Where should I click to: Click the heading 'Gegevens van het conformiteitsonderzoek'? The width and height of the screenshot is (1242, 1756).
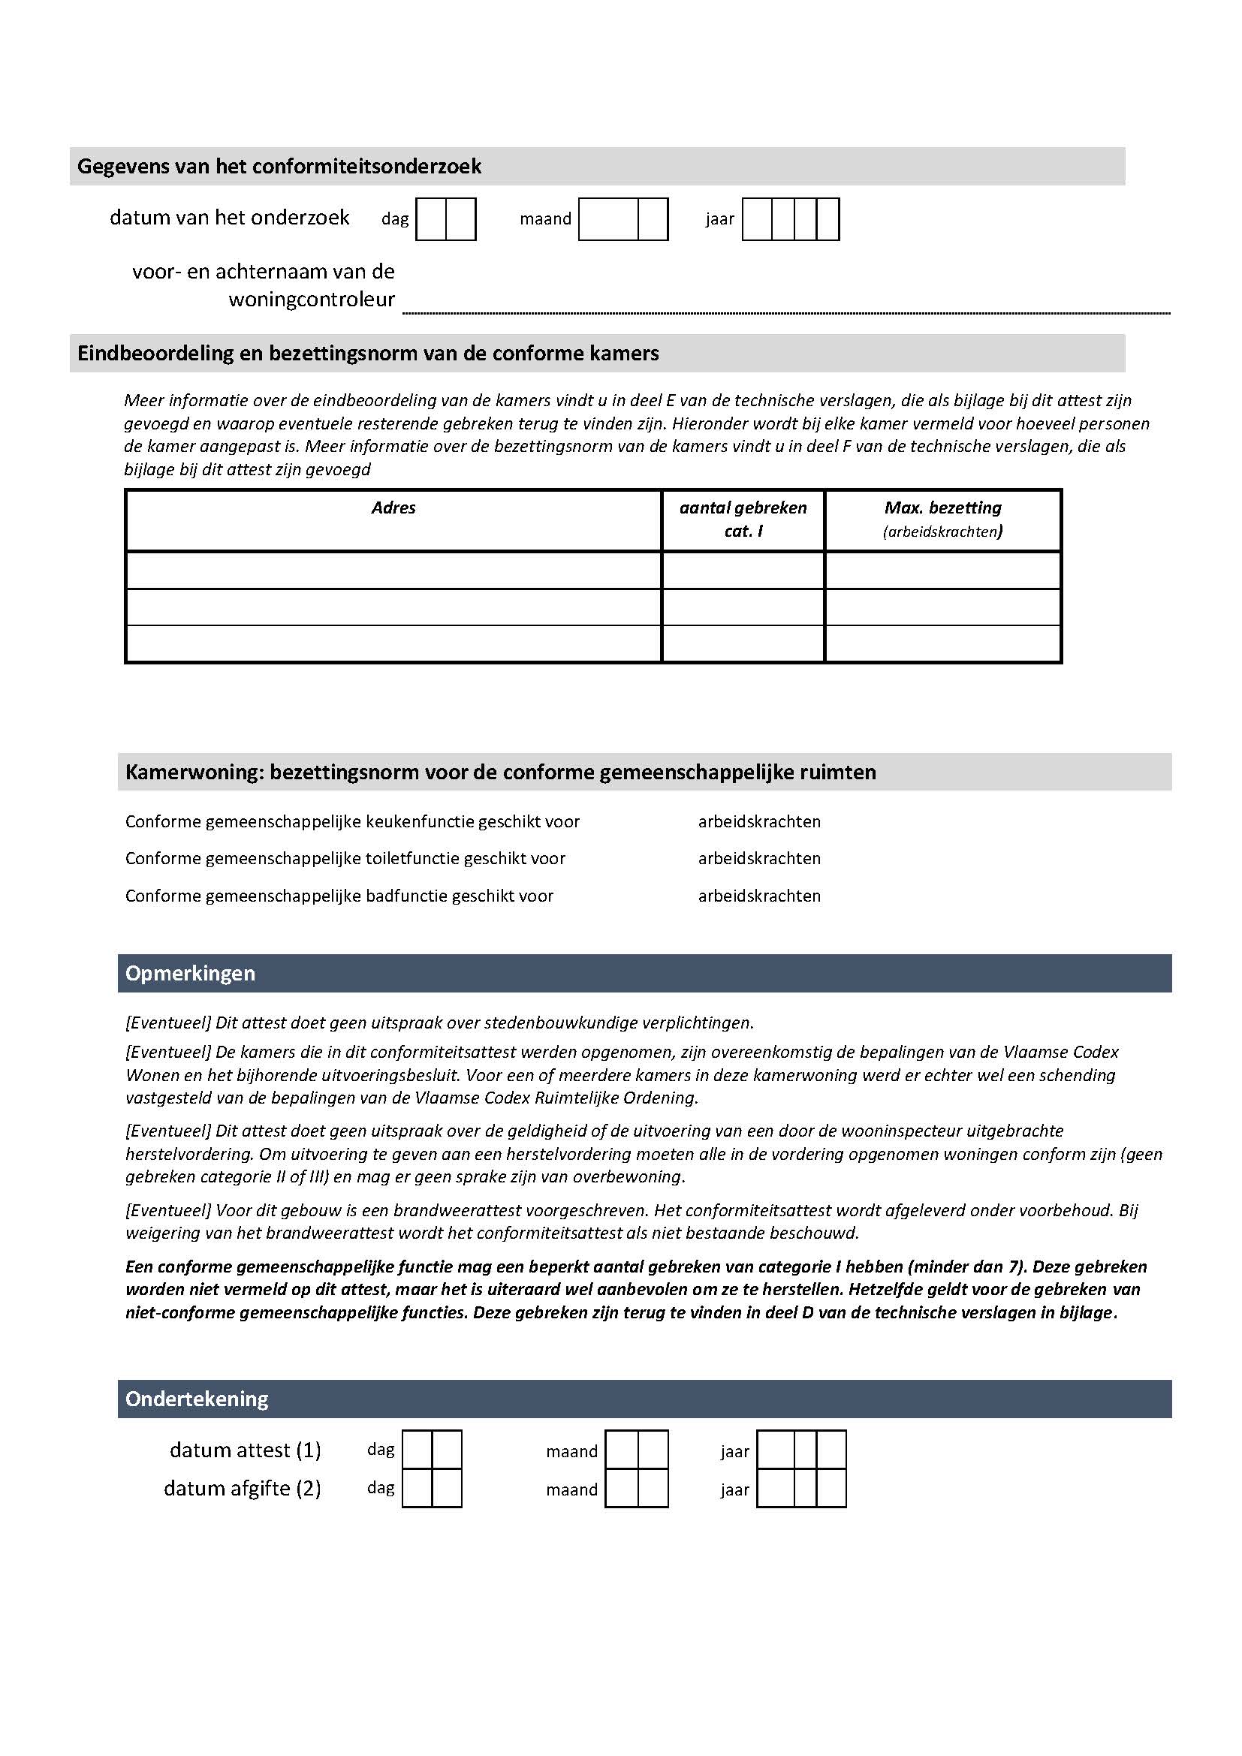279,166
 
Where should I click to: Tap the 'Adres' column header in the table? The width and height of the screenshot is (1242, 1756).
393,508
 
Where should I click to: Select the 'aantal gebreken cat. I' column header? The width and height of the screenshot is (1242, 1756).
743,520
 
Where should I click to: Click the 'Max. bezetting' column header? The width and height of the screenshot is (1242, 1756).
942,508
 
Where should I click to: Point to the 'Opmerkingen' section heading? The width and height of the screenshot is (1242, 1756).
191,974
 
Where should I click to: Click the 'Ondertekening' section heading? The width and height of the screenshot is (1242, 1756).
197,1399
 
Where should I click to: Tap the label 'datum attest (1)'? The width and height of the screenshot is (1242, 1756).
245,1450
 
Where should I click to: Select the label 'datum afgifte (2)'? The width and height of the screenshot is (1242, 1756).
242,1488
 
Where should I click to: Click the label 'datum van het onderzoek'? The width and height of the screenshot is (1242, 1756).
230,218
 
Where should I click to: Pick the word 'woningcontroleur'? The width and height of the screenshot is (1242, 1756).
312,299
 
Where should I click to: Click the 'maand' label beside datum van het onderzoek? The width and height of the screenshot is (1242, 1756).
545,219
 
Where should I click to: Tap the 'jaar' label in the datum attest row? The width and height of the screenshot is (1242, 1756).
734,1452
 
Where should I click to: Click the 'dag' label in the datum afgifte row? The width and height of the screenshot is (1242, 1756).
381,1488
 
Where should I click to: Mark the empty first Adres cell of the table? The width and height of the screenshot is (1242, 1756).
393,570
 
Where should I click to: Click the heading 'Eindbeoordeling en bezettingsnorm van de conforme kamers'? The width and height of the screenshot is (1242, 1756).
368,354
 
